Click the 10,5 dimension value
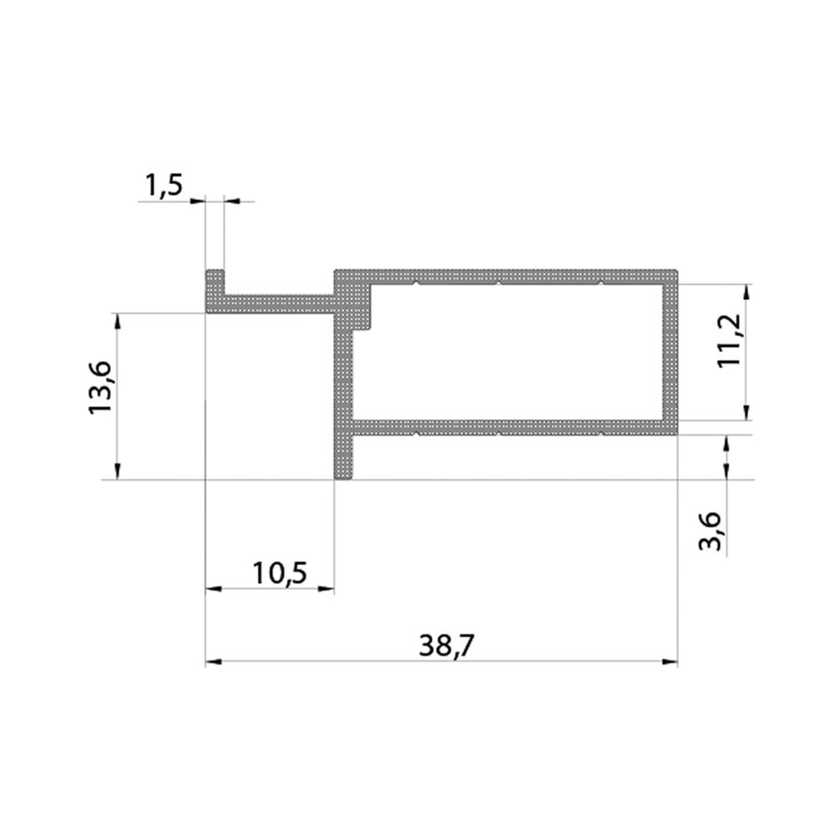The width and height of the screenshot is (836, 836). (279, 573)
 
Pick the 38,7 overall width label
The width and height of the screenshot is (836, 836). (440, 645)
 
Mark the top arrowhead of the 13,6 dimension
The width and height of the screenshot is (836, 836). (118, 319)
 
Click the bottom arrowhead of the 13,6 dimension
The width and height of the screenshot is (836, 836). (118, 473)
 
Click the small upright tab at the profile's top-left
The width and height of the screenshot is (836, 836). (215, 281)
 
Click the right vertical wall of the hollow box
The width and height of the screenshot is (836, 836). (671, 351)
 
